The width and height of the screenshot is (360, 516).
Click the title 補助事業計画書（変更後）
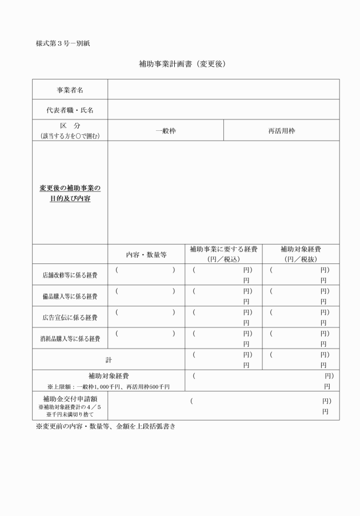(182, 64)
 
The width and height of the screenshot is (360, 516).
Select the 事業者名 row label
(70, 90)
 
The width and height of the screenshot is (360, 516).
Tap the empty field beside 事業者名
(223, 90)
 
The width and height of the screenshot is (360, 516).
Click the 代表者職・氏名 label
(70, 110)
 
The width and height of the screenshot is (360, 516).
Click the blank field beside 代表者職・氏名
(223, 110)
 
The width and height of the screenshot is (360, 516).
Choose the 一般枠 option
(166, 131)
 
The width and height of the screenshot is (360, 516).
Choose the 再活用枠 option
(282, 131)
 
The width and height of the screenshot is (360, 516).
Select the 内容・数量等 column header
(146, 254)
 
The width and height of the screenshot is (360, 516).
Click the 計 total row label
(108, 360)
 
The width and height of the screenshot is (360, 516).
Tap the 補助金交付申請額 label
(70, 398)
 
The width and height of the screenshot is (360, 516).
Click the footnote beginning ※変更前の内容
(105, 427)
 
